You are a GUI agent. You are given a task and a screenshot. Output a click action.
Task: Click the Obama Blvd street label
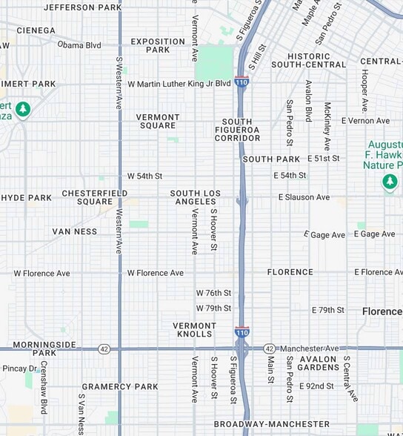point(79,45)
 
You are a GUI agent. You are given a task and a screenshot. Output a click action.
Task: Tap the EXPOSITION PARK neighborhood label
point(158,46)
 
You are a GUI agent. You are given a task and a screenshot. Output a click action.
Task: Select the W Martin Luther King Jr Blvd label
point(179,84)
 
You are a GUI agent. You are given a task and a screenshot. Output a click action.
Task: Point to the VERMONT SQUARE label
point(158,122)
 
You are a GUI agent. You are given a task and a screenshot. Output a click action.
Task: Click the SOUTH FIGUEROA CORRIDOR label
point(237,130)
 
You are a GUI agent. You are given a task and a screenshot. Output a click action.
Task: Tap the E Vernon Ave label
point(365,121)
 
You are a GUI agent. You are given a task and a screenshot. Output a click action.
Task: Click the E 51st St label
point(324,159)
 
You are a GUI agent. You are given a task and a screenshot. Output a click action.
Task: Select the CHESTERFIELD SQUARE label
point(94,197)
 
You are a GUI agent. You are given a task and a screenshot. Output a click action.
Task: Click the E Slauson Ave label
point(304,197)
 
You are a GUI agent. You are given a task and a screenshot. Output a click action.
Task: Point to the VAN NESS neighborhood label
point(75,231)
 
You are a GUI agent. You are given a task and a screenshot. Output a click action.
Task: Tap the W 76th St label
point(213,293)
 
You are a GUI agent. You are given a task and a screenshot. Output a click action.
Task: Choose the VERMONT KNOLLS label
point(195,330)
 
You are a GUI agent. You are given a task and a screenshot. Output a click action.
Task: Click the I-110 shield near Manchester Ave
point(242,333)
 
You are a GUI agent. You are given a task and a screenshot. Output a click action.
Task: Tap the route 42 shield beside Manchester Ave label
point(270,349)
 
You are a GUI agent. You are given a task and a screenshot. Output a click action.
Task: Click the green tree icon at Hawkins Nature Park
point(390,182)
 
